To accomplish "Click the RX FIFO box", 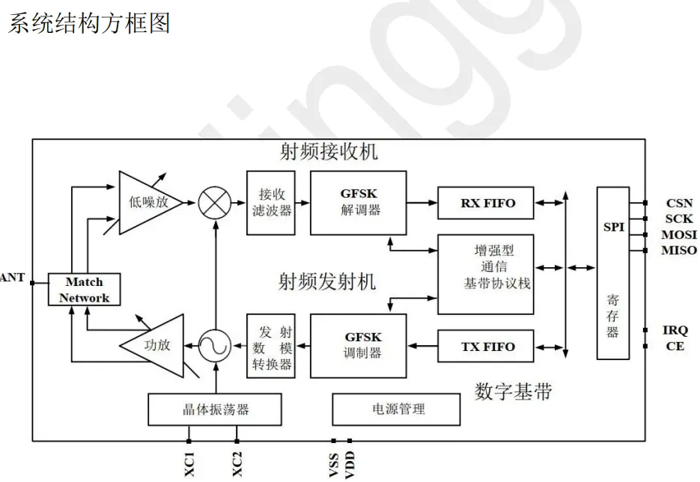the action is (x=486, y=203).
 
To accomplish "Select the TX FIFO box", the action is (x=486, y=347).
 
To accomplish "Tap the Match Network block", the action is (x=85, y=290).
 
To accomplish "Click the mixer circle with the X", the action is (x=215, y=203).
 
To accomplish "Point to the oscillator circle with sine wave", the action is (x=215, y=346).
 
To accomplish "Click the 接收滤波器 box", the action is (x=271, y=203).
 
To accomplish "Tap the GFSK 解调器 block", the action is (x=359, y=203).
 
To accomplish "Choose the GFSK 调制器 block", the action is (x=359, y=346).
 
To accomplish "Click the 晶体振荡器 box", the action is (x=215, y=409).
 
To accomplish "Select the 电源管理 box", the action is (x=397, y=409).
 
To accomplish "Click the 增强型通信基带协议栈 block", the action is (x=486, y=275).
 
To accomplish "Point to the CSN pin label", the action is (x=680, y=204).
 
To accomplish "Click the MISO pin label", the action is (x=679, y=251).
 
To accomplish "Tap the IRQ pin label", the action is (x=675, y=330).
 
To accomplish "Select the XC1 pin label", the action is (x=189, y=464).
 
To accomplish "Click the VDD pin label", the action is (x=350, y=465).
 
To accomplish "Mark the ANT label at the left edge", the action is (x=12, y=278).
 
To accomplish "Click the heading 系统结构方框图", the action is (x=89, y=23).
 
